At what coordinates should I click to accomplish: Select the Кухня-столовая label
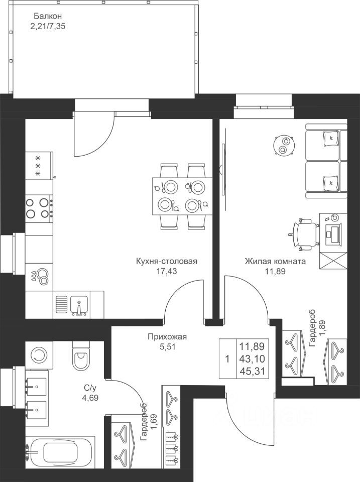pyautogui.click(x=167, y=261)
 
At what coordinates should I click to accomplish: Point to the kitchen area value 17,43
pyautogui.click(x=167, y=271)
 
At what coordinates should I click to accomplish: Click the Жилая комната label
pyautogui.click(x=276, y=261)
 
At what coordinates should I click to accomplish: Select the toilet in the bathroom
pyautogui.click(x=81, y=357)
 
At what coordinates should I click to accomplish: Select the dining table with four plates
pyautogui.click(x=180, y=196)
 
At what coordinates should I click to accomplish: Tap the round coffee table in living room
pyautogui.click(x=283, y=145)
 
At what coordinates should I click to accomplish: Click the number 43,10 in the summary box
pyautogui.click(x=253, y=359)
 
